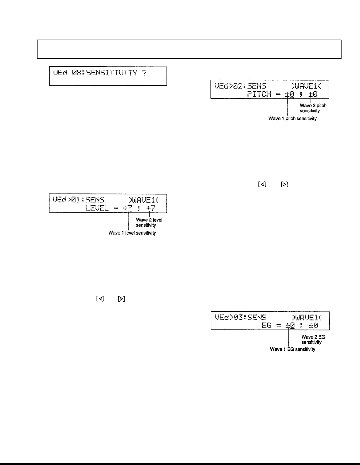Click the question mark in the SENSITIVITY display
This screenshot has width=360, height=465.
144,73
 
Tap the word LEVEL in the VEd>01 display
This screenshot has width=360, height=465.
97,208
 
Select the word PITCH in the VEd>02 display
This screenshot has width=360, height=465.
259,94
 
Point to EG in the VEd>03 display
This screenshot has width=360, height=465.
266,325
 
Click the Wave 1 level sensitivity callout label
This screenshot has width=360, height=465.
132,233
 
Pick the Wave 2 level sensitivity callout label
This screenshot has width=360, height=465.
149,223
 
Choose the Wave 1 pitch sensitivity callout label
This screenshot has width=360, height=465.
292,118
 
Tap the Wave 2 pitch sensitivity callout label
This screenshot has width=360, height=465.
313,108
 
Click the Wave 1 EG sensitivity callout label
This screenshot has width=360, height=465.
292,349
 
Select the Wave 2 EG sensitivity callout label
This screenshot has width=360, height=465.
313,340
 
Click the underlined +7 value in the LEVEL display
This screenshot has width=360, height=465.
128,208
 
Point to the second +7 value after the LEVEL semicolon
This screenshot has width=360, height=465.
151,208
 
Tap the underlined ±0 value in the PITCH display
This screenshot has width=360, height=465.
290,94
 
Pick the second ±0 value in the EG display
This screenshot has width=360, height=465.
313,325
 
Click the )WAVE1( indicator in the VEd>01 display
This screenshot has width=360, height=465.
143,200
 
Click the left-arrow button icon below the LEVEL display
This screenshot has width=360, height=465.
100,299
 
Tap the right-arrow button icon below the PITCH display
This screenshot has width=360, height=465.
284,184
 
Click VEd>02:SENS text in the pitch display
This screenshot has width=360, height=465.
240,86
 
